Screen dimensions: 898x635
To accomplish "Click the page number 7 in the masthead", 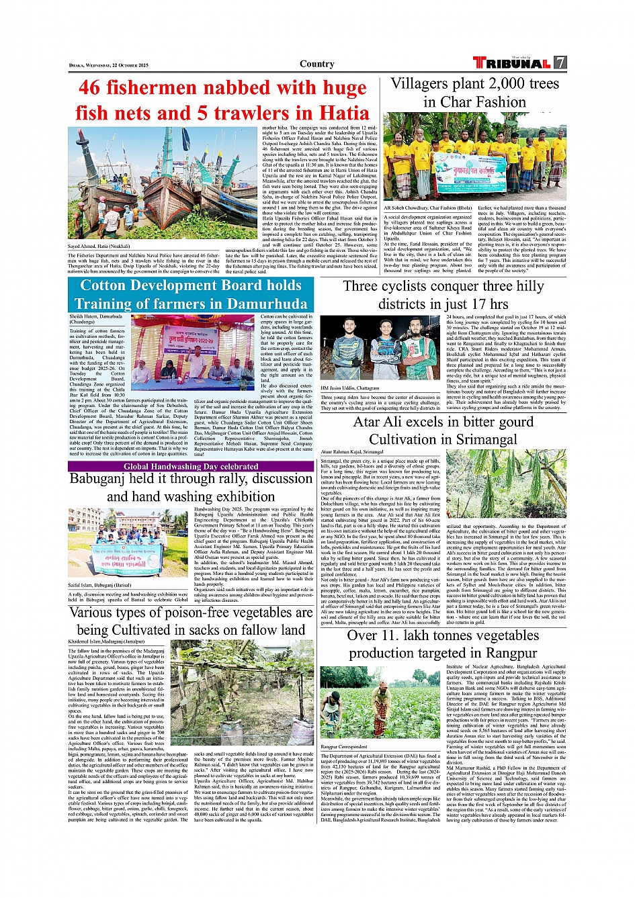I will click(x=560, y=63).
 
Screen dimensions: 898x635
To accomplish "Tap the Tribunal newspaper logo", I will click(x=512, y=63).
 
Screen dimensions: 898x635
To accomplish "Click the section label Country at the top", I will click(x=317, y=64).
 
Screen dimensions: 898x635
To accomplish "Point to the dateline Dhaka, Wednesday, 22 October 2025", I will click(x=109, y=66).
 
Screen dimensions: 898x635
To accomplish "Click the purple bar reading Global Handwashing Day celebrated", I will click(x=191, y=466).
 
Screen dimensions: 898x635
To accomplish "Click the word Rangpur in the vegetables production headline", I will click(x=511, y=653).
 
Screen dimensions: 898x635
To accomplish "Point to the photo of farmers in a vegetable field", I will click(x=380, y=702).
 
